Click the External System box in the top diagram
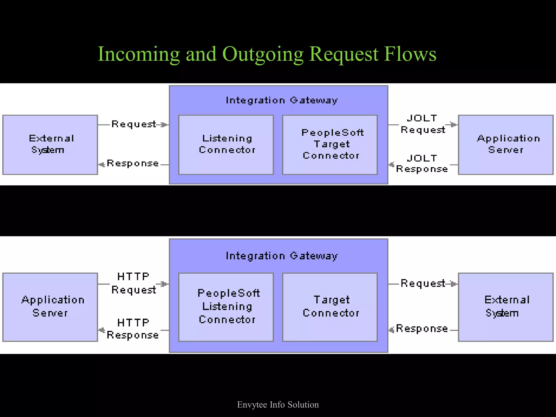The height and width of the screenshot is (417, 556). click(x=50, y=144)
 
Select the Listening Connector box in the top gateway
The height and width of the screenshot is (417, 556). click(x=226, y=144)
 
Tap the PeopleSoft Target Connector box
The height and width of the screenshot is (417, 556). click(x=330, y=144)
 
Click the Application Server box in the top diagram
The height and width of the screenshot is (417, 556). click(x=506, y=144)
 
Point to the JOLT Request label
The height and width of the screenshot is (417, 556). click(x=422, y=124)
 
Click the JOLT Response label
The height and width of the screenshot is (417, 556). click(x=422, y=164)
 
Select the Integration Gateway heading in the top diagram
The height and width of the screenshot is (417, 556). click(x=282, y=100)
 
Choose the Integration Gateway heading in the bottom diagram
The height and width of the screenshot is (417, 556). click(x=282, y=256)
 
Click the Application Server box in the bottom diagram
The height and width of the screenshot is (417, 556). click(x=50, y=307)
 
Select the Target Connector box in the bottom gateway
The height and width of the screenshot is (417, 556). click(x=330, y=307)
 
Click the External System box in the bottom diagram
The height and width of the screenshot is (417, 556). click(x=506, y=307)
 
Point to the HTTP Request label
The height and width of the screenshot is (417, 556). click(x=133, y=283)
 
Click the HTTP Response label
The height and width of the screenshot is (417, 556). click(x=133, y=329)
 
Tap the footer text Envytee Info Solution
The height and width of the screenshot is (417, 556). click(x=278, y=405)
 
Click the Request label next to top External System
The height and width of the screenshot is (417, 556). click(x=134, y=124)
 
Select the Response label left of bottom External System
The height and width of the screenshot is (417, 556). click(x=422, y=328)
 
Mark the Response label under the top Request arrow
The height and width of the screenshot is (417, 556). click(x=133, y=163)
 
